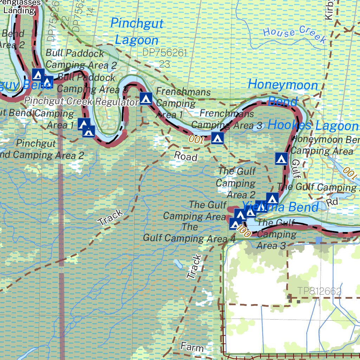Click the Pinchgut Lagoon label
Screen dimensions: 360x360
coord(137,32)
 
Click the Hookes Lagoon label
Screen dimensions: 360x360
coord(313,126)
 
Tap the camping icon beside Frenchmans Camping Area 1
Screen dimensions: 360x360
coord(146,99)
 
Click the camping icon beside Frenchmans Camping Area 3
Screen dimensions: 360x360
coord(217,138)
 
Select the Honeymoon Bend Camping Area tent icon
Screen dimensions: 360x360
coord(281,159)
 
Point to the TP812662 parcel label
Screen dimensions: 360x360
coord(319,291)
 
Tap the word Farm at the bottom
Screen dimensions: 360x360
coord(192,347)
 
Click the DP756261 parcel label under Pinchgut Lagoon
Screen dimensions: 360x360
coord(165,53)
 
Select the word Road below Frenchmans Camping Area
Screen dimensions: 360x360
coord(186,156)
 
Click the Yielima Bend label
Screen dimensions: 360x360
coord(281,207)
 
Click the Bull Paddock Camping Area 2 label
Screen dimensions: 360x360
coord(81,59)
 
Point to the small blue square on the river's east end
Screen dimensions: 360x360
coord(319,240)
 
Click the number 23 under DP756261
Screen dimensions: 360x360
coord(165,64)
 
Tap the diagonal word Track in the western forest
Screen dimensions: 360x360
coord(111,217)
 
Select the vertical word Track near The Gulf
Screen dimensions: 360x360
coord(194,267)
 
